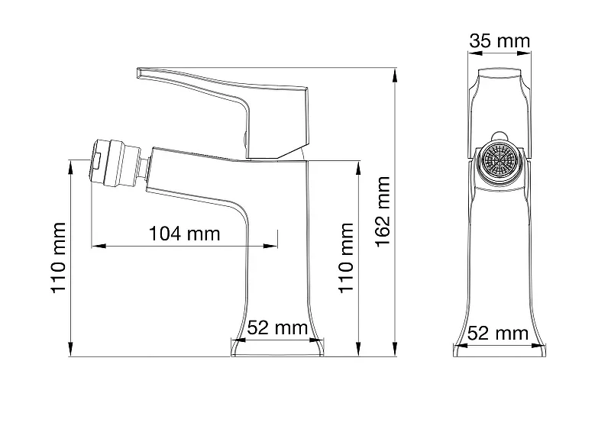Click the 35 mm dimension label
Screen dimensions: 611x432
(499, 41)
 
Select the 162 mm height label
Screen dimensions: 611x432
(383, 211)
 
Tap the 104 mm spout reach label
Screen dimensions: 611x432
(185, 234)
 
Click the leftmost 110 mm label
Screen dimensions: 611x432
(58, 257)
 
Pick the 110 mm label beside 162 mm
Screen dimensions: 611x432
(346, 257)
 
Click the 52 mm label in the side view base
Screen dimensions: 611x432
(498, 334)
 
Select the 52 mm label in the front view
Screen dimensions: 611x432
(278, 327)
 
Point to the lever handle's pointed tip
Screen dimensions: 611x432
(137, 72)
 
